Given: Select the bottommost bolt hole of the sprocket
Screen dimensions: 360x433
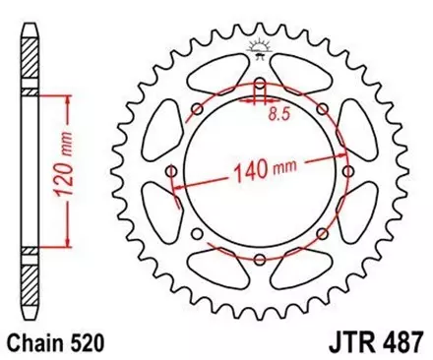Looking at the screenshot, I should click(260, 259).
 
